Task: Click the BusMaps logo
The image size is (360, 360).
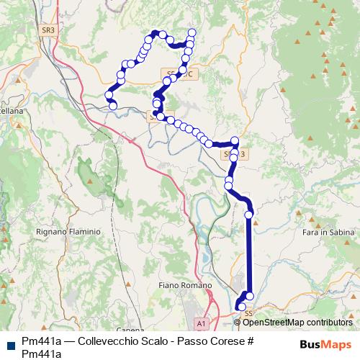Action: coord(324,344)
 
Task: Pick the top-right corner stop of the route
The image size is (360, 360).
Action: coord(192,32)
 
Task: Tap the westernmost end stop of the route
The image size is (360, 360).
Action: coord(112,107)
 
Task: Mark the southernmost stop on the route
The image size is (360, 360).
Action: coord(241,308)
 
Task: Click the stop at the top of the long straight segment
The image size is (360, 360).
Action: coord(249,214)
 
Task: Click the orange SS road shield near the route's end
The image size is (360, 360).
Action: coord(249,313)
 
